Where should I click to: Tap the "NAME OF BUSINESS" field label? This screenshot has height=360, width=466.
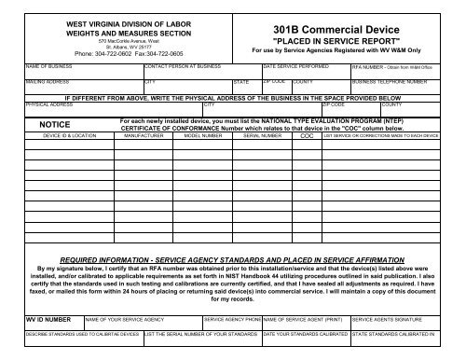[26, 67]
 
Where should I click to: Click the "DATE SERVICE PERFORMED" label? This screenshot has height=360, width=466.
[295, 67]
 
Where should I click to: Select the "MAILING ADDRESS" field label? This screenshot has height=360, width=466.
[25, 81]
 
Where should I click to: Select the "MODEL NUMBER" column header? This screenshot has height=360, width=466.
[202, 134]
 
